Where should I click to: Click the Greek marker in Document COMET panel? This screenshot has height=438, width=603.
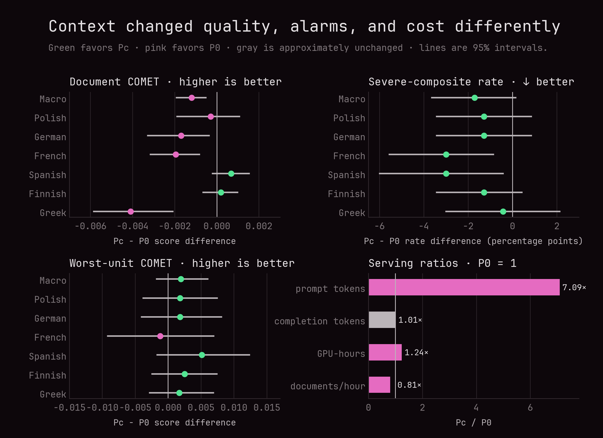click(x=131, y=211)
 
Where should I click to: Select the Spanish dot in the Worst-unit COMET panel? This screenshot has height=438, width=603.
click(x=202, y=355)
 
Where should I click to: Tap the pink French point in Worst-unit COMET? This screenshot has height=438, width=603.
click(x=160, y=336)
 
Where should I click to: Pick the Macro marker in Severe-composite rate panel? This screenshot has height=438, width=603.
click(x=475, y=98)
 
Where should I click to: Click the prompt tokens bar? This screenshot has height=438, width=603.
click(x=464, y=287)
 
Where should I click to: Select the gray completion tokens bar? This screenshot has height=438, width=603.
click(x=382, y=320)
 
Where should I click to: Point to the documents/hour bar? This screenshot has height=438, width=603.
click(x=379, y=385)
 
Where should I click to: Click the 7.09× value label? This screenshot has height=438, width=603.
click(x=574, y=287)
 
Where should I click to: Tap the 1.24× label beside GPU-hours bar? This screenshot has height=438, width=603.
click(x=416, y=352)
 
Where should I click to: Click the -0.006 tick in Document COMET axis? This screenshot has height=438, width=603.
click(x=91, y=226)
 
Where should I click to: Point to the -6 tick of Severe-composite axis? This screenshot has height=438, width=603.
click(x=379, y=226)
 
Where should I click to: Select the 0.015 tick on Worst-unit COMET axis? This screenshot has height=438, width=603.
click(x=267, y=408)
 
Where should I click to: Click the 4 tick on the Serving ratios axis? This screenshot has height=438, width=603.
click(x=476, y=408)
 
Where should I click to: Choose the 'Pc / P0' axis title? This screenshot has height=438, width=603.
click(x=473, y=423)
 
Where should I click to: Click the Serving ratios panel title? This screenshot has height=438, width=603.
click(x=442, y=263)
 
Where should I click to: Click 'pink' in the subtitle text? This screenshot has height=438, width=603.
click(x=156, y=48)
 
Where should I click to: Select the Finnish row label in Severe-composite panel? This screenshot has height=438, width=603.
click(x=346, y=194)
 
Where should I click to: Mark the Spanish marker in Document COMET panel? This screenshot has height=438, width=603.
click(x=231, y=174)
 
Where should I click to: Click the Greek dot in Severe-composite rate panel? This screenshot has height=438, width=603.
click(x=503, y=211)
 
